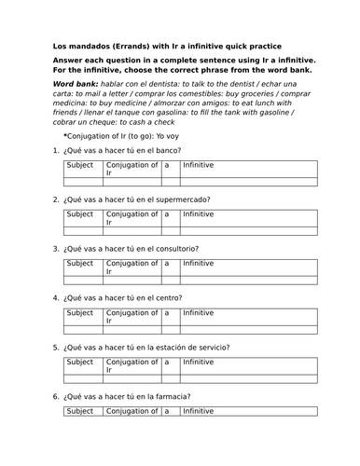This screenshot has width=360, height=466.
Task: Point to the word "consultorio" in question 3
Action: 177,249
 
